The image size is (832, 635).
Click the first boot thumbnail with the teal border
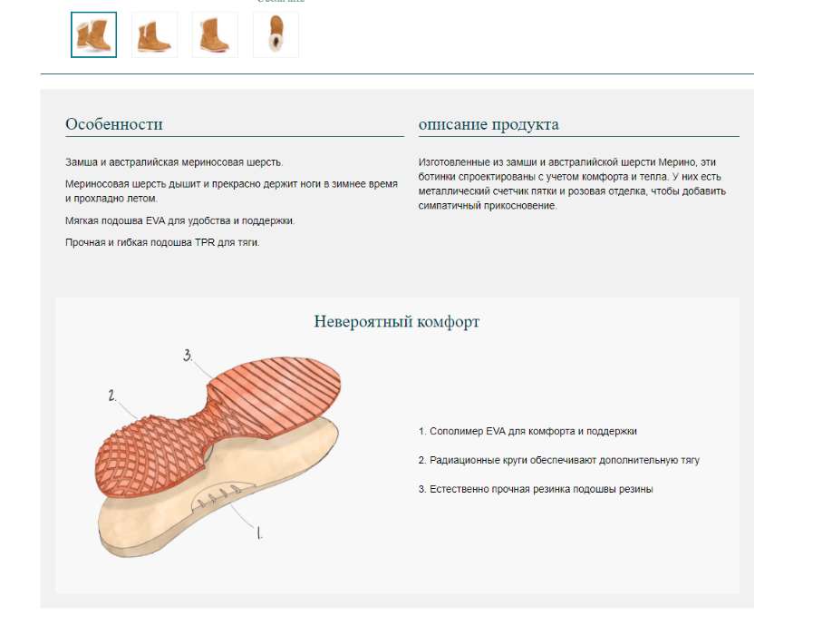click(x=93, y=34)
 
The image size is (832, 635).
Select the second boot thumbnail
click(x=154, y=34)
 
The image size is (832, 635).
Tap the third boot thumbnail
click(x=215, y=34)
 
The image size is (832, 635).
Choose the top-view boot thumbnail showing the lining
click(x=276, y=34)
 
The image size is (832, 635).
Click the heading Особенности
click(x=114, y=123)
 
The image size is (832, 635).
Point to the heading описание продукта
click(x=489, y=124)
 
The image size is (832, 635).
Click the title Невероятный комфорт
click(x=397, y=321)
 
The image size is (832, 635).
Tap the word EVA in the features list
click(x=156, y=220)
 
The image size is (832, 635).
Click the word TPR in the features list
click(x=205, y=242)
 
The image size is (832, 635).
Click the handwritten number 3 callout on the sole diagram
click(x=188, y=356)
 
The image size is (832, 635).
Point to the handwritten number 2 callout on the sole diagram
click(x=112, y=396)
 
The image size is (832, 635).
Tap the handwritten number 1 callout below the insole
click(x=259, y=532)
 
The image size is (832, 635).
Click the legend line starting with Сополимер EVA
click(x=527, y=431)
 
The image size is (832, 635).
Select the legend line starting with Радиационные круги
click(x=558, y=460)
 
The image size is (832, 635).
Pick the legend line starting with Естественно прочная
click(x=536, y=489)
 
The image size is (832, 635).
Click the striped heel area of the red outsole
click(x=276, y=393)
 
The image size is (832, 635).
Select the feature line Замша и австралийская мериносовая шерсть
click(x=174, y=162)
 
